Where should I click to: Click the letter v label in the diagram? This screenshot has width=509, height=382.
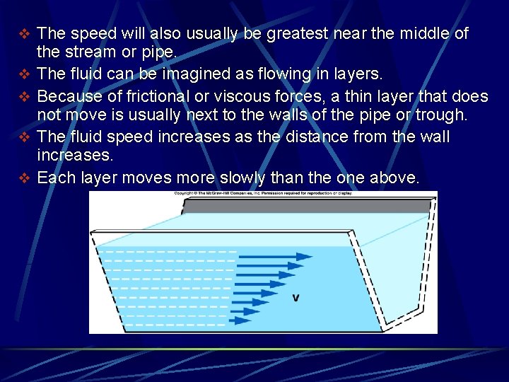296,298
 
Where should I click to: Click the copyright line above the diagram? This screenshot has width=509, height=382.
263,193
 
